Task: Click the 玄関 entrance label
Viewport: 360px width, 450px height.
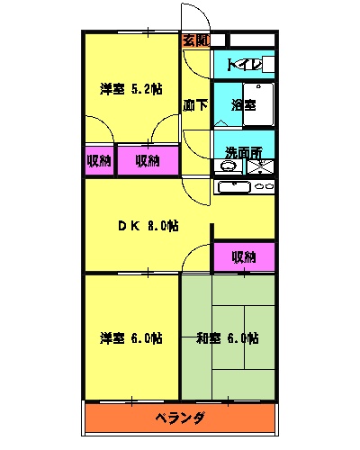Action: click(195, 40)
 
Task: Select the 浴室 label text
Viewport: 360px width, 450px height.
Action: click(243, 104)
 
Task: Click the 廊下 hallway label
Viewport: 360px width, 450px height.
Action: click(195, 104)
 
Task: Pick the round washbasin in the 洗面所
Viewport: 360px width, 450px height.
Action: click(229, 166)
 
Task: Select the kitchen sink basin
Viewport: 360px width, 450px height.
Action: click(234, 187)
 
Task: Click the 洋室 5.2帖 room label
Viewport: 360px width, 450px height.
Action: click(131, 88)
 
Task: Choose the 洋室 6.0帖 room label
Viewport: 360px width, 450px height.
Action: click(131, 338)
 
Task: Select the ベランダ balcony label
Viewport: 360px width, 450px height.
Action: click(180, 418)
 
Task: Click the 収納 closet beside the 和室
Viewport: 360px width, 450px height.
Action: click(244, 256)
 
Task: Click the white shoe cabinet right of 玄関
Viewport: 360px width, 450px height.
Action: click(241, 40)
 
